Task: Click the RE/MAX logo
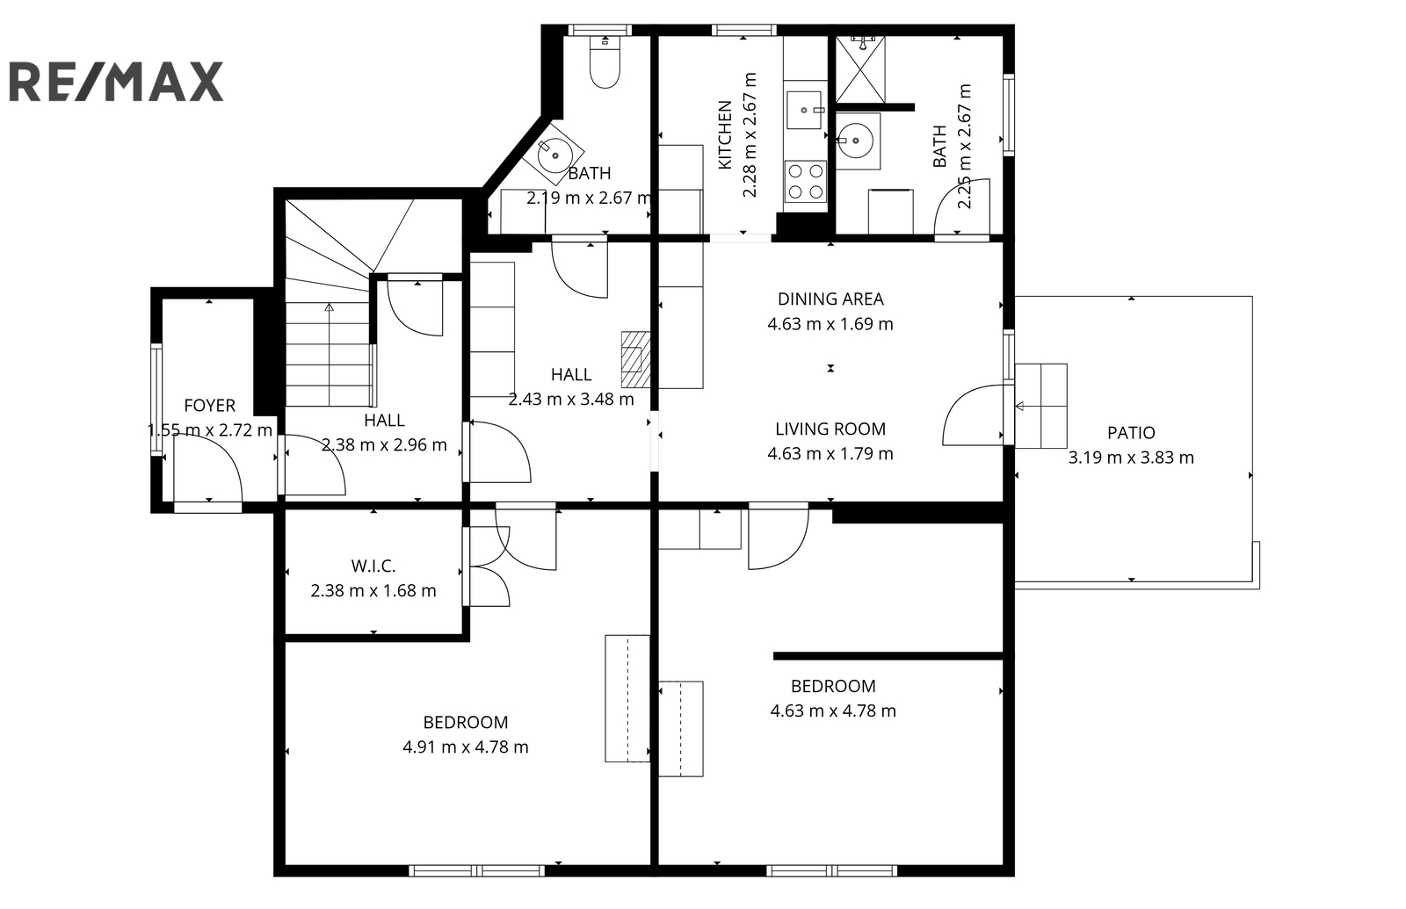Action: pos(116,82)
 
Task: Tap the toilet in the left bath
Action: pos(605,61)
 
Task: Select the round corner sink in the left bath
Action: pos(554,155)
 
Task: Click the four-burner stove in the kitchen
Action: pos(806,181)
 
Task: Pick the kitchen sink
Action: pos(805,110)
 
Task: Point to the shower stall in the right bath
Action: pos(861,69)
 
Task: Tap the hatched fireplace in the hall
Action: pos(636,359)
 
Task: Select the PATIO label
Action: pos(1131,432)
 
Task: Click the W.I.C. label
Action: pos(373,566)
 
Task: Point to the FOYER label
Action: pos(210,405)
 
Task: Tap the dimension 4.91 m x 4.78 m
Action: pos(466,747)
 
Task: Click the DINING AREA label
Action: pos(830,299)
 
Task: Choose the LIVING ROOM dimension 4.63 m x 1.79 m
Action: pos(830,453)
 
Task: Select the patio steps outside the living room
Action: pos(1040,406)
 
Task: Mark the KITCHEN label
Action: pos(725,135)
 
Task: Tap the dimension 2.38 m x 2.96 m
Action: pos(384,444)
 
